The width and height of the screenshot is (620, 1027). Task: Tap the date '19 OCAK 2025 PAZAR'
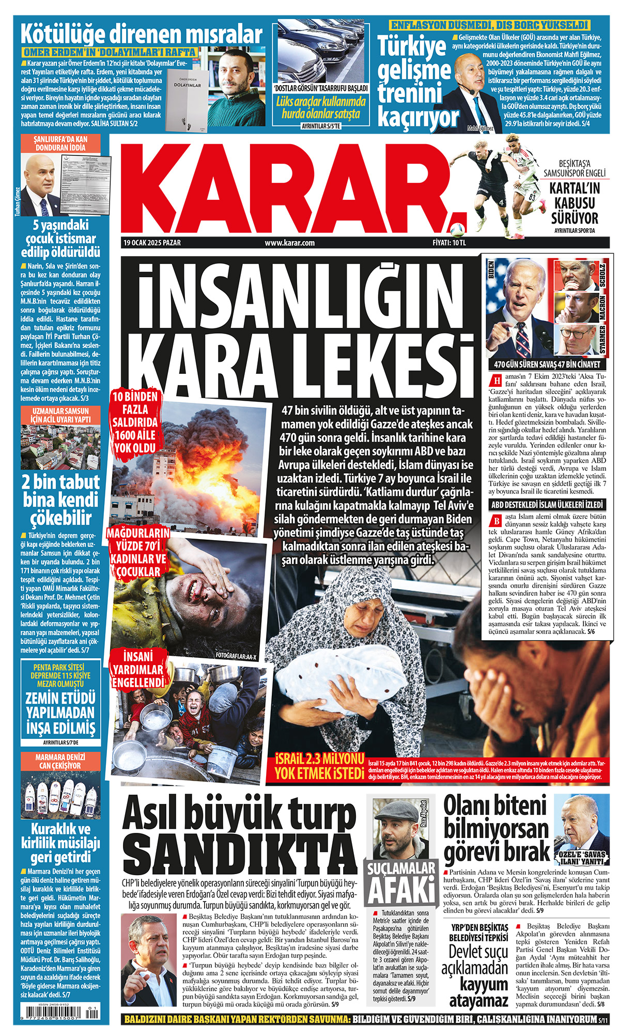(x=152, y=243)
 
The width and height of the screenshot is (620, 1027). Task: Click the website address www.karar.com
(x=289, y=243)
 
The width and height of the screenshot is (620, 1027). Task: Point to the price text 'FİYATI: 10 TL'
(x=449, y=243)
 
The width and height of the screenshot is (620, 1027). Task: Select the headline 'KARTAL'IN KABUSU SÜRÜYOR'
(x=575, y=203)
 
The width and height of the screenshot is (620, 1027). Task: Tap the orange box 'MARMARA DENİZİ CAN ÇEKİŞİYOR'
(x=60, y=761)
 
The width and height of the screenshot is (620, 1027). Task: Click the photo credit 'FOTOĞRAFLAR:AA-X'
(x=236, y=656)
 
